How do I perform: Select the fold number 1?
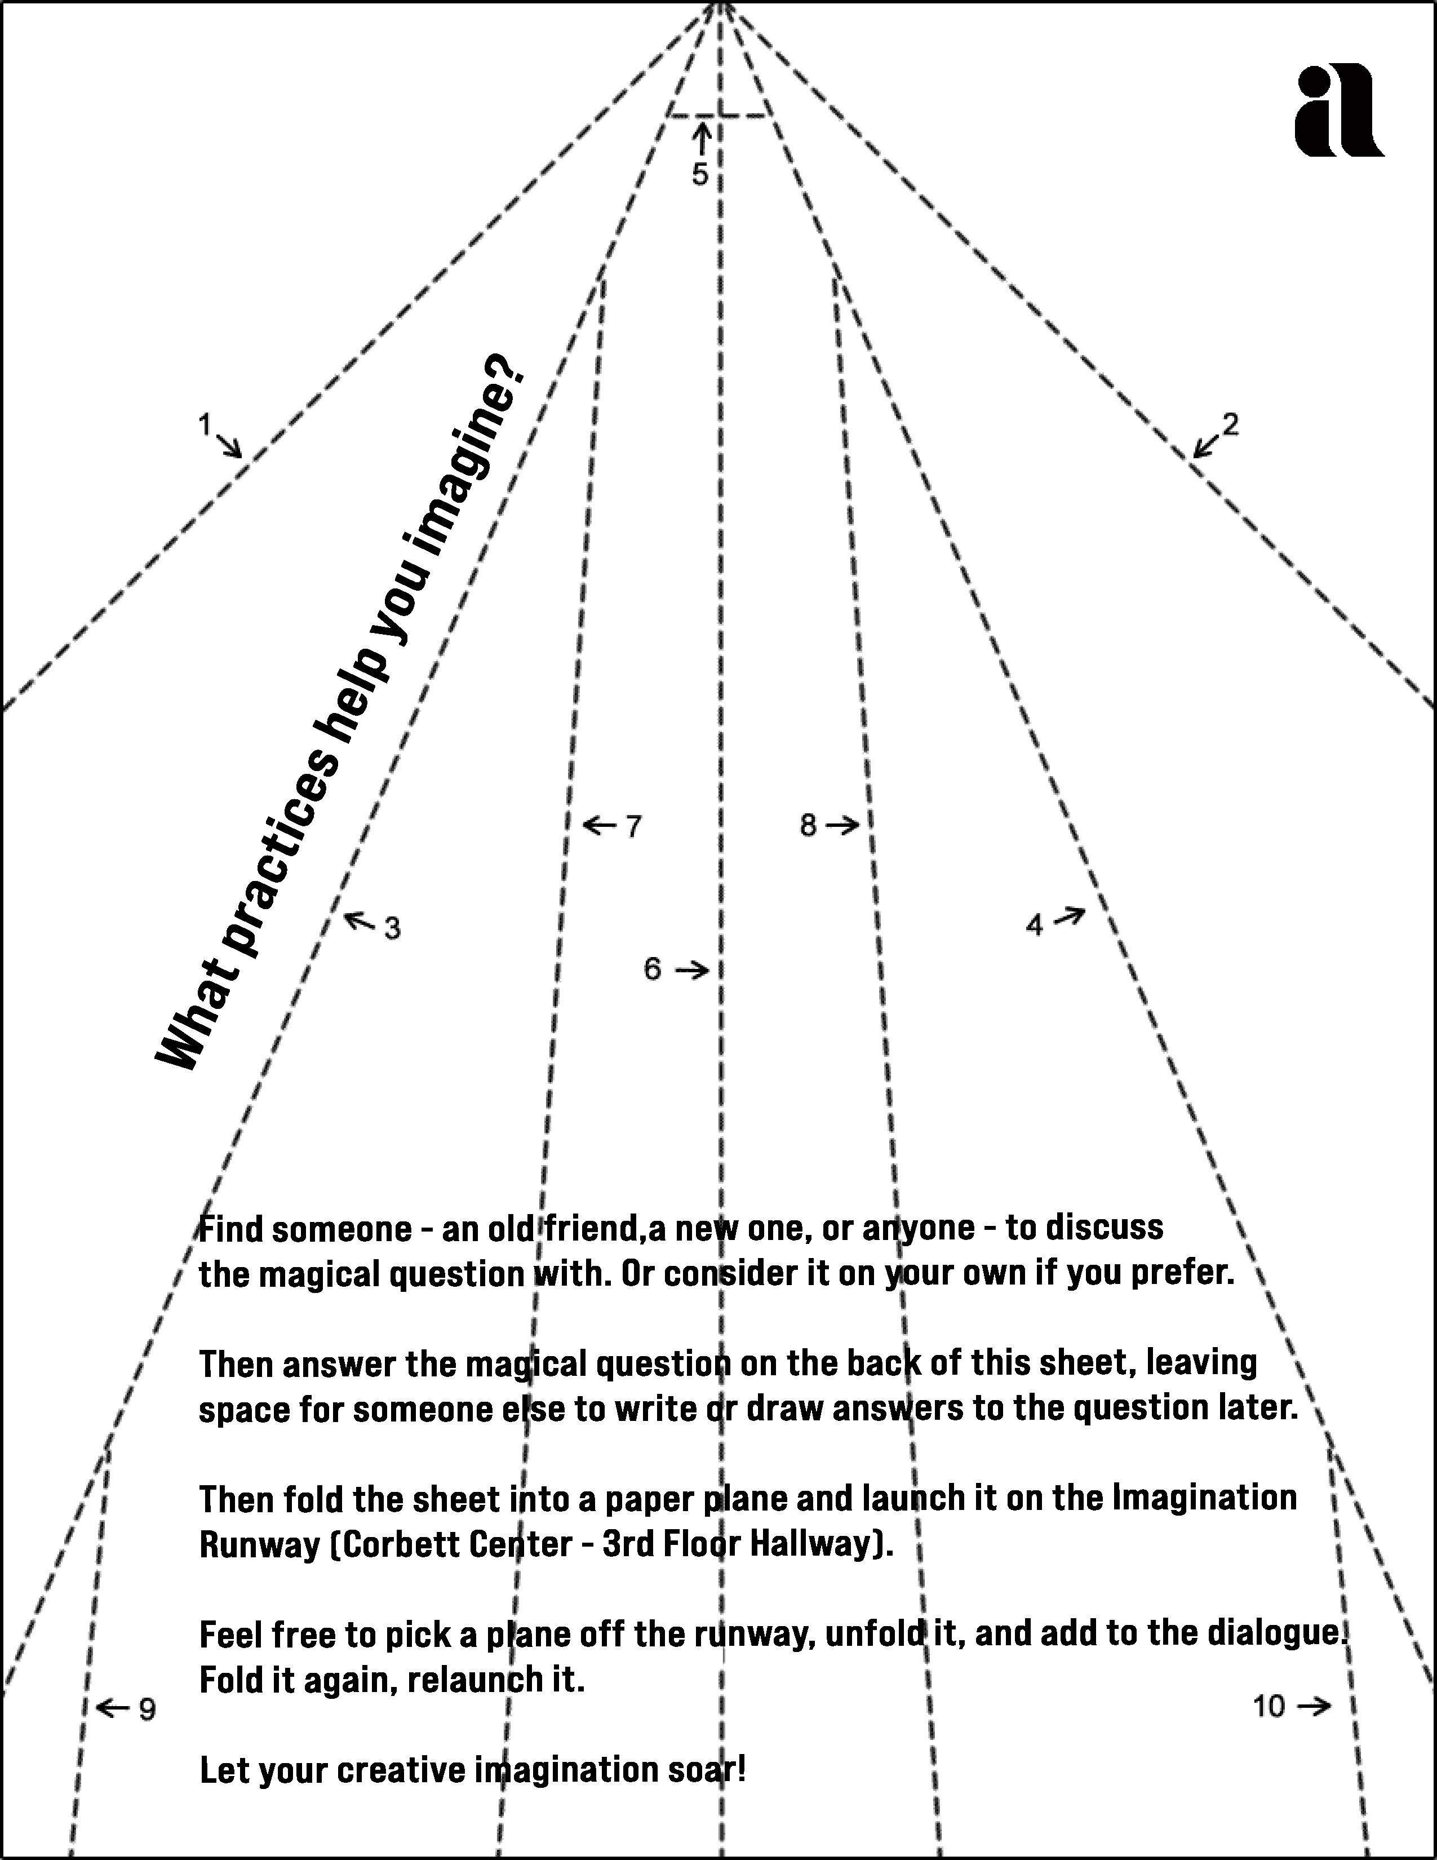[x=205, y=423]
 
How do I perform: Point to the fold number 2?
[x=1230, y=423]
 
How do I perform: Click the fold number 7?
[x=633, y=826]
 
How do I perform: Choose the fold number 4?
[x=1034, y=925]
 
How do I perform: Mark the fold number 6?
[x=652, y=968]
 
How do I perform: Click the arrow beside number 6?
[x=692, y=969]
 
